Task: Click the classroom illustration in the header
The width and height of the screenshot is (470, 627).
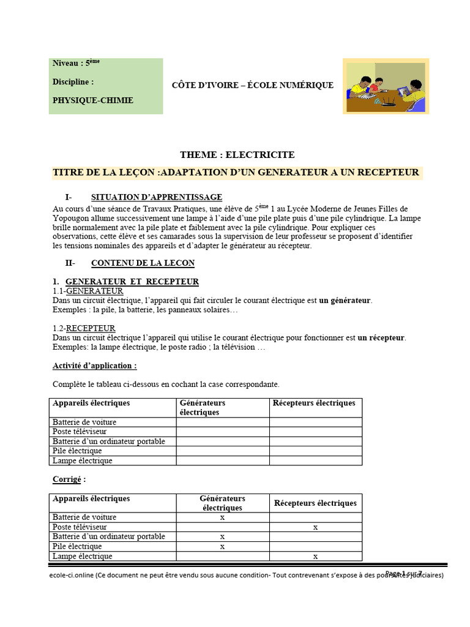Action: pos(386,86)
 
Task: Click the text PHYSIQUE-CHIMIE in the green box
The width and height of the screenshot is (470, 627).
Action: pos(92,100)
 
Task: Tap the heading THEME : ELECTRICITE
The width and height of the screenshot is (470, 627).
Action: pos(237,155)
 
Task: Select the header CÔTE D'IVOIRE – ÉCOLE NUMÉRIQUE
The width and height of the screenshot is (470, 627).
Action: pos(252,85)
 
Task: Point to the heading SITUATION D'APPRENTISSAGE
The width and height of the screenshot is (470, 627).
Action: pos(156,197)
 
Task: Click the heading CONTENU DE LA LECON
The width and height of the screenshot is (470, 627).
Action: pos(143,263)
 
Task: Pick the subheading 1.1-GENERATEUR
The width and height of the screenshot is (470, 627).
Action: pos(88,291)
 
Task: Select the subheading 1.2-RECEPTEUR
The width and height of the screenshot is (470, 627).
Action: pos(84,329)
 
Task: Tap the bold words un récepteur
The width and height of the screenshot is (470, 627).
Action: pos(381,338)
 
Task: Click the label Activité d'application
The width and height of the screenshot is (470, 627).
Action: pos(94,366)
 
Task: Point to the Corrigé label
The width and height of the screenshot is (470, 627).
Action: pos(69,479)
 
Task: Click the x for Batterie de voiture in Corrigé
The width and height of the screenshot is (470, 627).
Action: pos(222,517)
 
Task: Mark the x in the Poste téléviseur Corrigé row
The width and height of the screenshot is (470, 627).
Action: pos(315,527)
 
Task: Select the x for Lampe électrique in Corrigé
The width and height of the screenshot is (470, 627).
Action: pos(315,557)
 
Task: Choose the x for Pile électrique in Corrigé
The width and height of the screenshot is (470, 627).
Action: pos(222,547)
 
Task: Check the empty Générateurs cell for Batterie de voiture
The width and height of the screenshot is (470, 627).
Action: pos(222,422)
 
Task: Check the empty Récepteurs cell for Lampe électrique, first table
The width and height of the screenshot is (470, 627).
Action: pos(315,461)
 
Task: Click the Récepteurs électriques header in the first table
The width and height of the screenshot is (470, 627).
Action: pos(314,404)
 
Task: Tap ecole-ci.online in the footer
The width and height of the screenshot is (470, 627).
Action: pos(72,576)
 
